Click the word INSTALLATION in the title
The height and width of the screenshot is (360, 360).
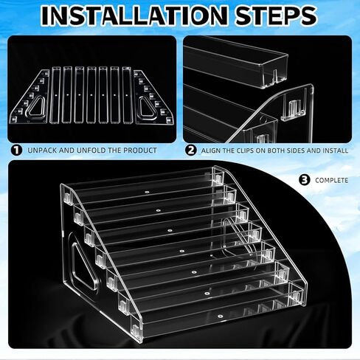click(134, 15)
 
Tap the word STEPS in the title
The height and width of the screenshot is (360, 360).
click(276, 15)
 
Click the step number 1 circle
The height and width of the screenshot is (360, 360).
click(17, 150)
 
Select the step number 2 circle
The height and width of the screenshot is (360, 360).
click(191, 150)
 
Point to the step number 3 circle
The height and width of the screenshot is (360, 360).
click(305, 180)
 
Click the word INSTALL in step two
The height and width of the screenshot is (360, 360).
click(336, 150)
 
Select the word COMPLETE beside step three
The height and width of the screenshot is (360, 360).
click(332, 180)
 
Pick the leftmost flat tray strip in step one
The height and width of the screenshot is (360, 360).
click(55, 94)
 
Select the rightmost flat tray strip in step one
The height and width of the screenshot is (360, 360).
click(127, 94)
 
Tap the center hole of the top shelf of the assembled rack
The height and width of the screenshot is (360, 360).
click(147, 192)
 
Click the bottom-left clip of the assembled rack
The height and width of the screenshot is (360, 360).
click(135, 328)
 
